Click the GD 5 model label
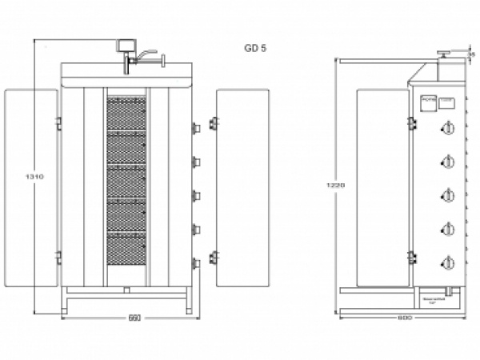[255, 48]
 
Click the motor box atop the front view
[125, 46]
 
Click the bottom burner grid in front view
[127, 248]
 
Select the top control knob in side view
[448, 128]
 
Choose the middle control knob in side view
[448, 195]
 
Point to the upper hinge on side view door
[411, 122]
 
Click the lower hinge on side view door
[411, 257]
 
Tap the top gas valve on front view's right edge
[195, 127]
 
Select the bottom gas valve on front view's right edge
[195, 263]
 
